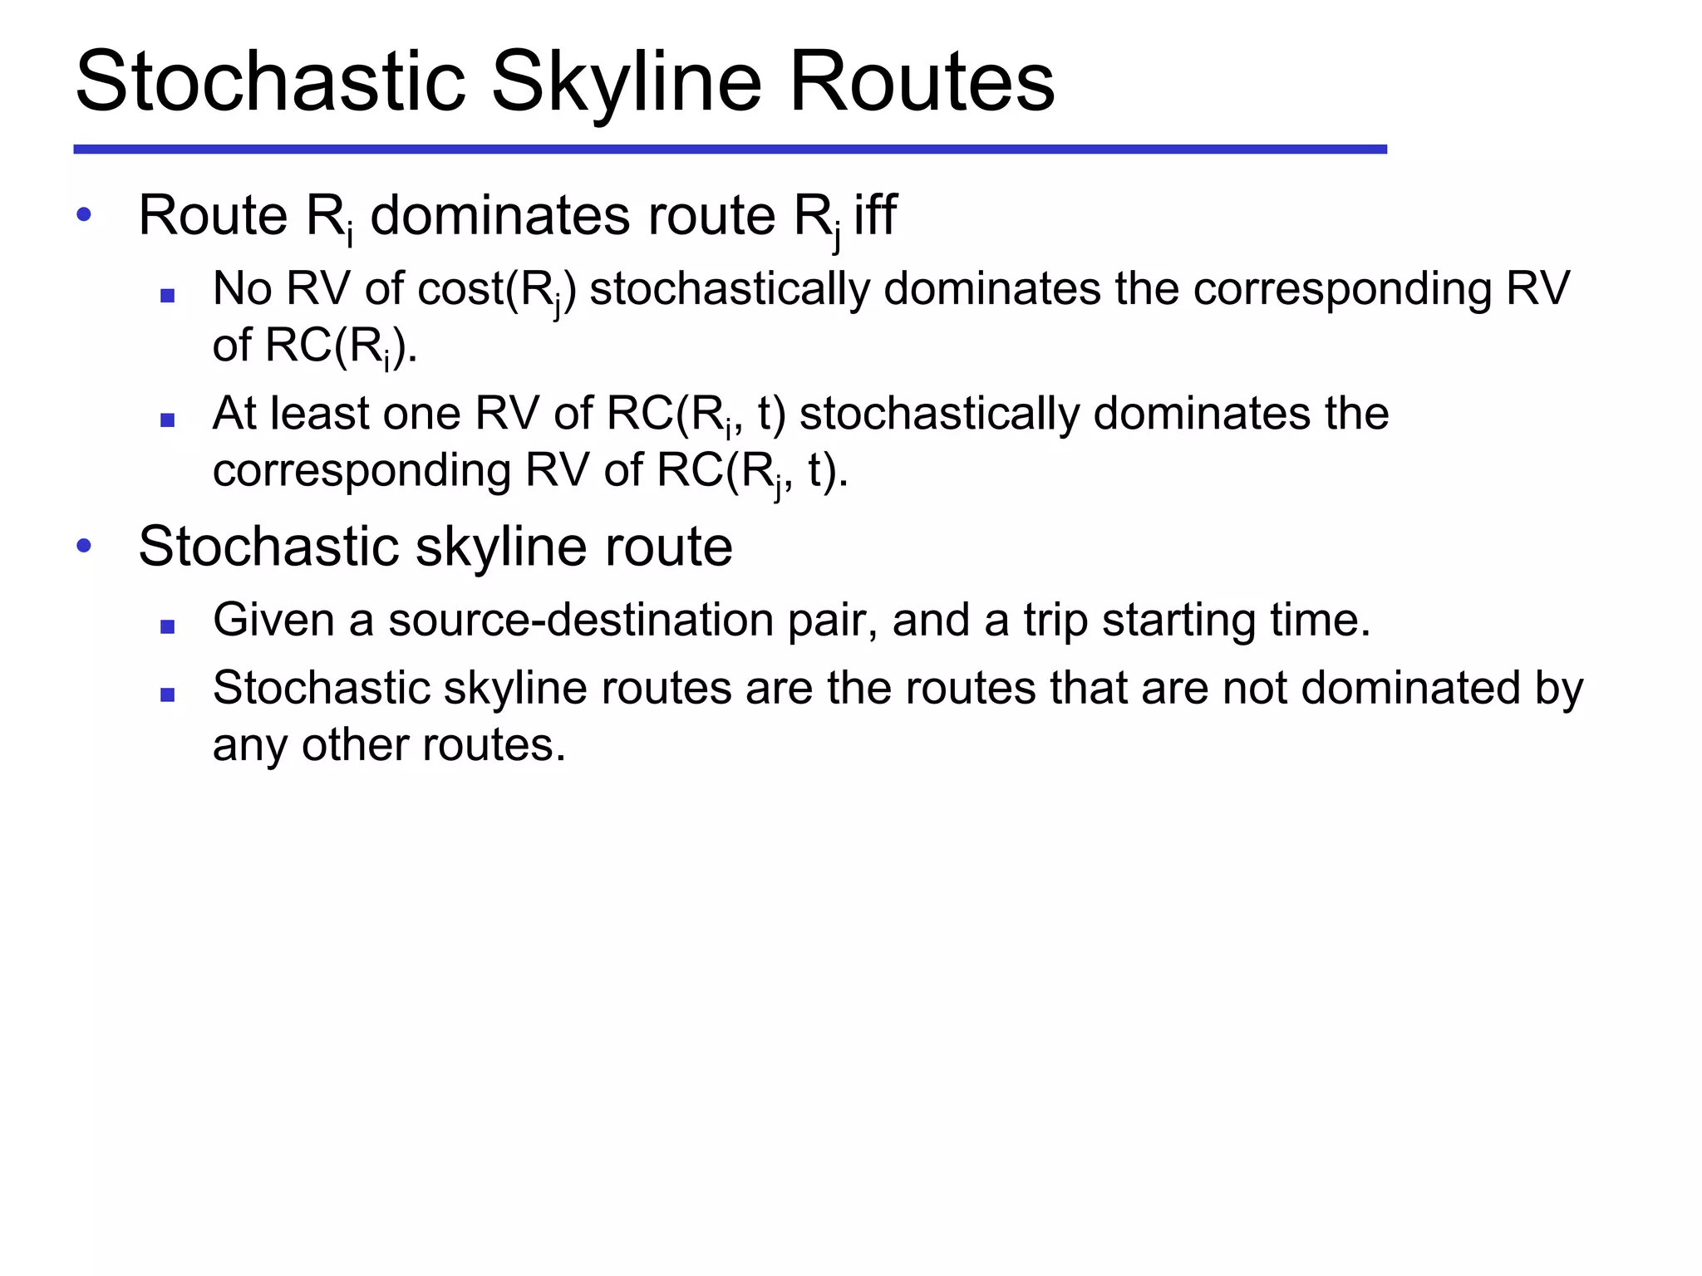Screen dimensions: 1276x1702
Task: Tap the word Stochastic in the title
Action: [270, 81]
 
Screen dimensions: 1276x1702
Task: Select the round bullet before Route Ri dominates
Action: [83, 215]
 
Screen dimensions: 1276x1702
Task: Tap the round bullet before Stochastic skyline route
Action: [83, 546]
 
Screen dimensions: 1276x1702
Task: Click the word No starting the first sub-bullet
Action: [242, 288]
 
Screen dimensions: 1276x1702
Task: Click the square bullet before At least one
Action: [168, 420]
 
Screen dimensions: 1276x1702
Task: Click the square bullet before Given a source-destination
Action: [168, 627]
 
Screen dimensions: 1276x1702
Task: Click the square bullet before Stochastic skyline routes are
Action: [168, 695]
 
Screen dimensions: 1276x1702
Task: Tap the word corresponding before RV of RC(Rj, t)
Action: [361, 471]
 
